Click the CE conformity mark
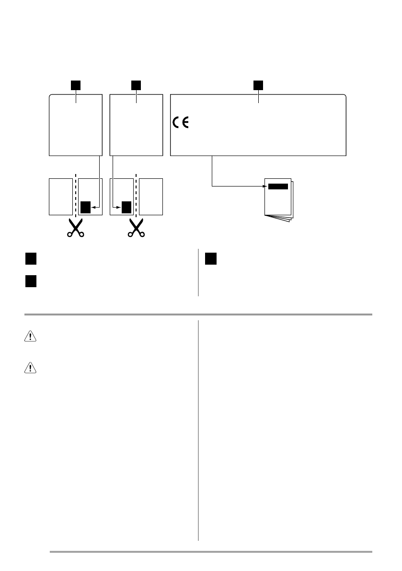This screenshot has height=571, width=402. (181, 123)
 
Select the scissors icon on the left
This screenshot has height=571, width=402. (76, 228)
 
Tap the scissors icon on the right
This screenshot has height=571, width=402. (136, 228)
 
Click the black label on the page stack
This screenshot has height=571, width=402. (278, 186)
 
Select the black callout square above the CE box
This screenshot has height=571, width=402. (258, 85)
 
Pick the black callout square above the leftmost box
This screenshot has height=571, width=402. (76, 85)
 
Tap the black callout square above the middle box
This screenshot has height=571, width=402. (137, 85)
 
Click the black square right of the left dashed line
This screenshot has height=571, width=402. (85, 207)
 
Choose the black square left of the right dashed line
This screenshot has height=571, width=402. (126, 207)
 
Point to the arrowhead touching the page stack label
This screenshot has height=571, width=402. (263, 186)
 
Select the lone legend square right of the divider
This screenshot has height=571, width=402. (211, 259)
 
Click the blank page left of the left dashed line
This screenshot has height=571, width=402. (61, 197)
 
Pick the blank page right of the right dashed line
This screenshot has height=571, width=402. (151, 197)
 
